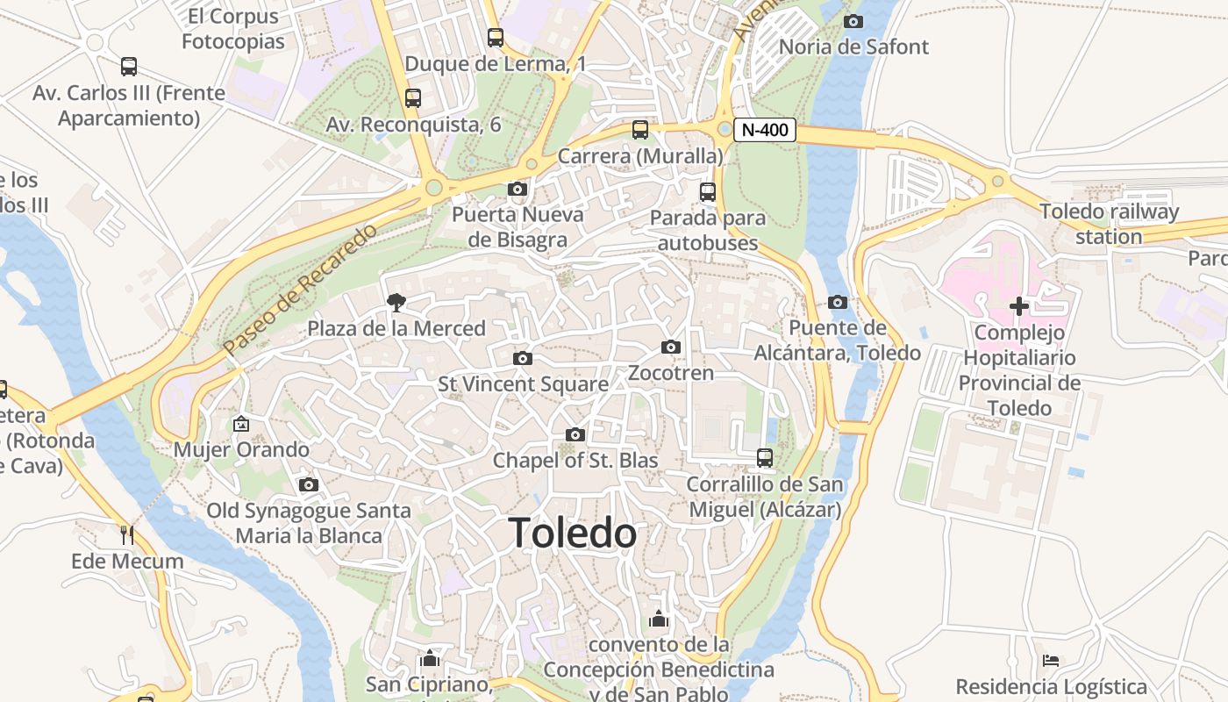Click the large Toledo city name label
573,534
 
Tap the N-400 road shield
764,130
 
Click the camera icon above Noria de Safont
853,21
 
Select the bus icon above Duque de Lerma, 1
496,38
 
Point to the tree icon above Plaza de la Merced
396,303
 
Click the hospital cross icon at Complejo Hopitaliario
1018,306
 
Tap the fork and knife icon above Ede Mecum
127,534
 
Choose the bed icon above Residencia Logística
1051,660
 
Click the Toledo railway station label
1109,224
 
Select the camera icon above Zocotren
671,347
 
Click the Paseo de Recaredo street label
300,289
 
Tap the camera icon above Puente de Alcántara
838,303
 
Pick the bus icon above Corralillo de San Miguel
765,457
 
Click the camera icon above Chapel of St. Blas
575,434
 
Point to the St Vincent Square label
523,384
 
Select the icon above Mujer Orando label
241,424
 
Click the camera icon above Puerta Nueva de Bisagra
518,189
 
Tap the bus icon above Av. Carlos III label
129,67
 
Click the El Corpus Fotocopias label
232,28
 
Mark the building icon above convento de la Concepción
659,619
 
